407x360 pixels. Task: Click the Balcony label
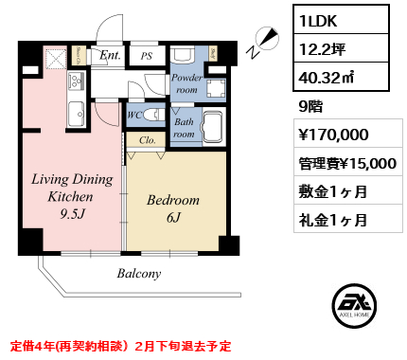[x=139, y=273]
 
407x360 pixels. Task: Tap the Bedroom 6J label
[x=172, y=209]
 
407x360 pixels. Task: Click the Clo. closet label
[x=147, y=139]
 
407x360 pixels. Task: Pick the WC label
[x=135, y=116]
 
